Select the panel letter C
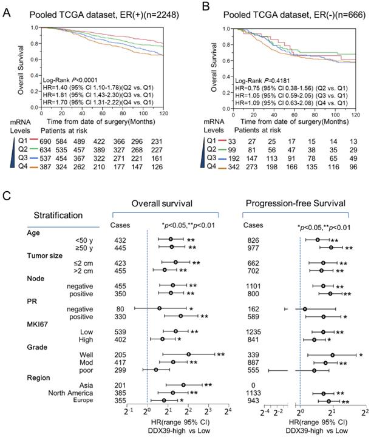pyautogui.click(x=7, y=197)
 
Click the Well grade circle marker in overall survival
pyautogui.click(x=189, y=353)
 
